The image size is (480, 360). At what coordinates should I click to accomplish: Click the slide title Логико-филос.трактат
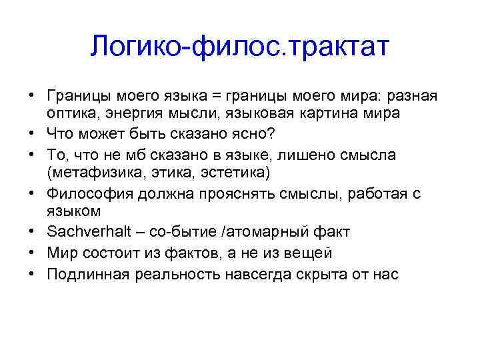[239, 46]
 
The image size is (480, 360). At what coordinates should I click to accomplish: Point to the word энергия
[125, 113]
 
